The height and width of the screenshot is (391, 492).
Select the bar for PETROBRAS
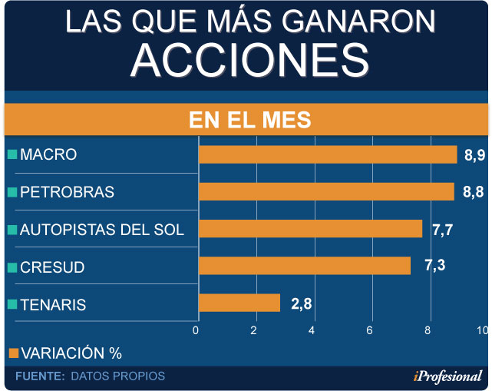click(x=326, y=191)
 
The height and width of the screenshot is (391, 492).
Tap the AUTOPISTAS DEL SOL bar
click(x=310, y=229)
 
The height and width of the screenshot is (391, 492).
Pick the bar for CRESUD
click(x=305, y=266)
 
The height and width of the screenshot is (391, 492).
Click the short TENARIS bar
click(x=239, y=303)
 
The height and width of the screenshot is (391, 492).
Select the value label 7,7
click(x=443, y=229)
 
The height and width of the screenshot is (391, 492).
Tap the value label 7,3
click(x=434, y=266)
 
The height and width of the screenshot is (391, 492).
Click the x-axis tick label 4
click(x=312, y=330)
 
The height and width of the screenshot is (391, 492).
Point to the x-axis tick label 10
click(x=482, y=330)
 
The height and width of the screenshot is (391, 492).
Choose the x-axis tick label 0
click(x=196, y=330)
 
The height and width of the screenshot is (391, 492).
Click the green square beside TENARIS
click(x=12, y=305)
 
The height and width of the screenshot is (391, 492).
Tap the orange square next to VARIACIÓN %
click(x=12, y=353)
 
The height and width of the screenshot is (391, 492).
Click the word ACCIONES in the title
click(x=245, y=59)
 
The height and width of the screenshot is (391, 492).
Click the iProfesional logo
click(x=447, y=376)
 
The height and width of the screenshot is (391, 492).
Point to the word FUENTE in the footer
click(x=39, y=376)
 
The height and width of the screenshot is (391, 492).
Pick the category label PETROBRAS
click(x=67, y=192)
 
